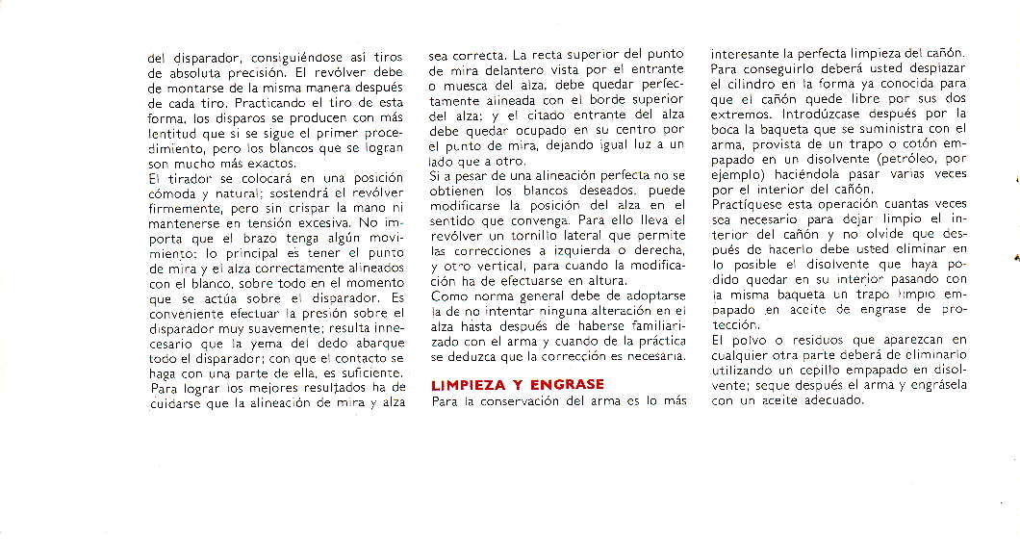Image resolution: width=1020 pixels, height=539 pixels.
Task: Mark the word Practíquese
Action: pos(755,207)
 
